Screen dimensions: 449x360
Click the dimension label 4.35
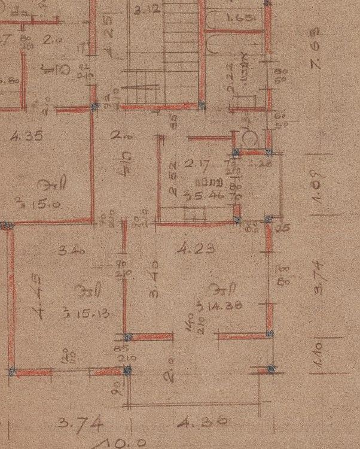27,136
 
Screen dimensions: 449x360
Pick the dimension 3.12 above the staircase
146,10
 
